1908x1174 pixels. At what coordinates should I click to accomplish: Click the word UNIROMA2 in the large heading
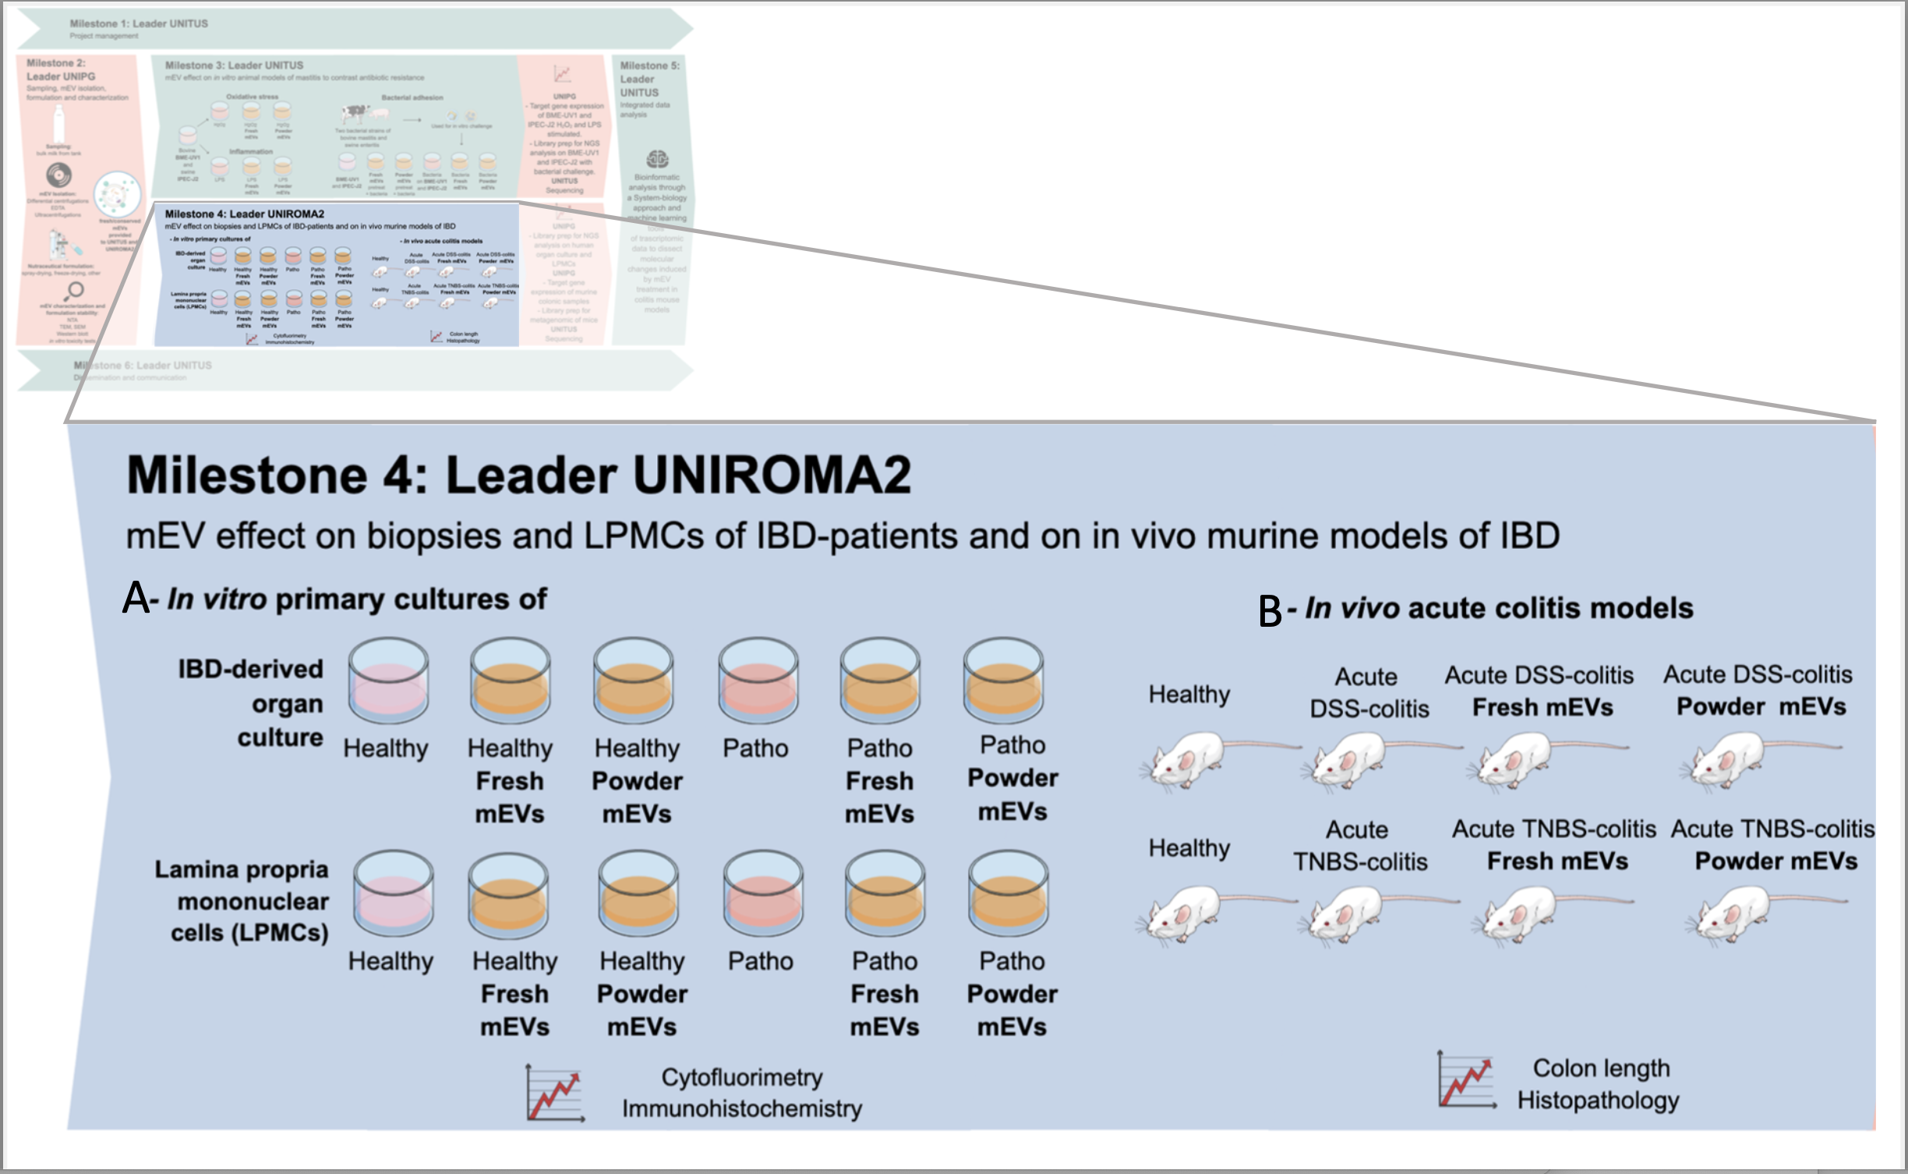coord(772,475)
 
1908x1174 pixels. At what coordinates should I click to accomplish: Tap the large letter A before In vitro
coord(136,599)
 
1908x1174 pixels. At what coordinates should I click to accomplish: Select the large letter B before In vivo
coord(1270,610)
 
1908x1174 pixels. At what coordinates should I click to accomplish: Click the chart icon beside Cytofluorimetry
coord(554,1093)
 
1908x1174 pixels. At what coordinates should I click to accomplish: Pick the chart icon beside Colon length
coord(1466,1080)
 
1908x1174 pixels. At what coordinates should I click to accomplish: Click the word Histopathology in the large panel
coord(1598,1100)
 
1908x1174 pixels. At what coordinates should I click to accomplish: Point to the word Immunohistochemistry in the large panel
coord(741,1109)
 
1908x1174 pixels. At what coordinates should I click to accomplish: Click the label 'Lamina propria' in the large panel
coord(242,869)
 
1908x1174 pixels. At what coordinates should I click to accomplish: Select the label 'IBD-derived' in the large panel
coord(250,669)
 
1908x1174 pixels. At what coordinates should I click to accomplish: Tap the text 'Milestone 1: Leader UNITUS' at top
coord(139,23)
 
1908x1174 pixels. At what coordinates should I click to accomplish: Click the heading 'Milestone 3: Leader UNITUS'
coord(234,65)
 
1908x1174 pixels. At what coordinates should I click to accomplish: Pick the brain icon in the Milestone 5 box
coord(657,160)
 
